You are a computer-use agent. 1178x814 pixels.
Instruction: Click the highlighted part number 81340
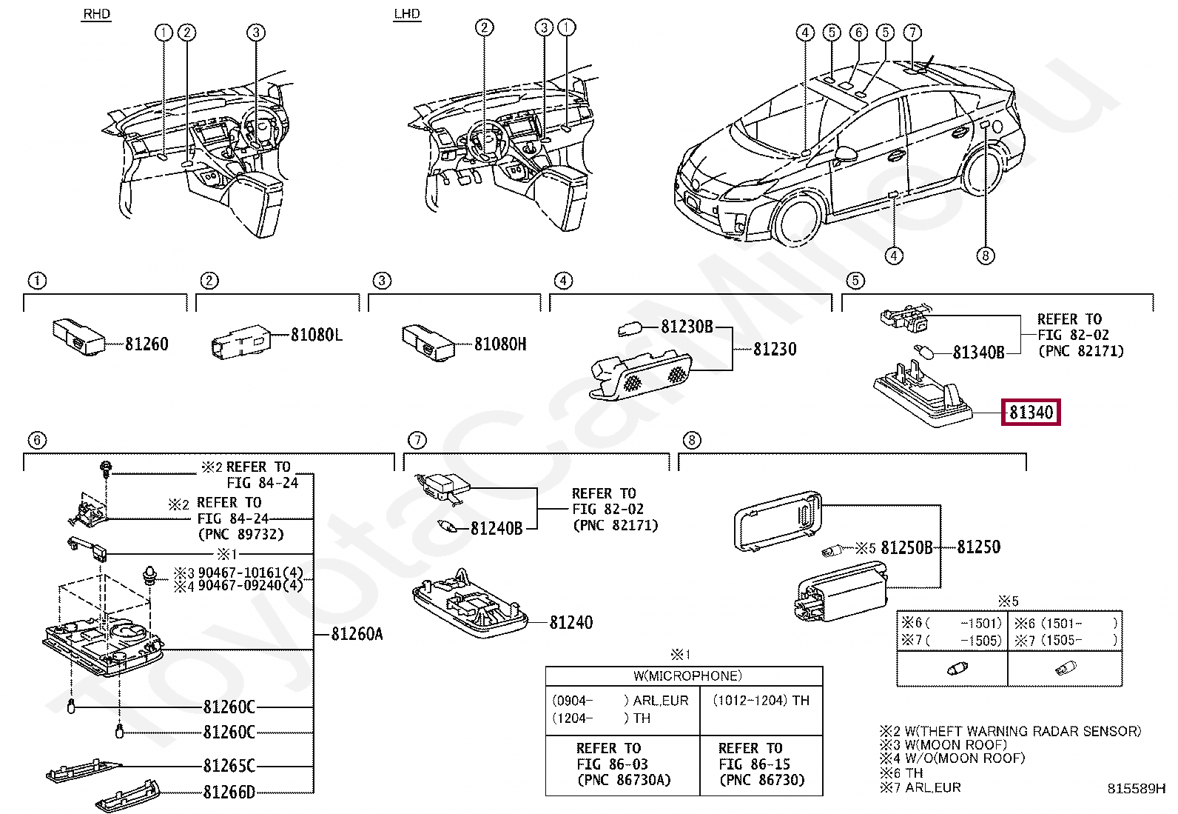pos(1031,413)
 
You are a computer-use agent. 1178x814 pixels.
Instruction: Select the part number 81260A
pos(357,634)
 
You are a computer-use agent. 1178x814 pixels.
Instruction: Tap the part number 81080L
pos(317,334)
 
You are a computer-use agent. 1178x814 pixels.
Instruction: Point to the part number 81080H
pos(500,344)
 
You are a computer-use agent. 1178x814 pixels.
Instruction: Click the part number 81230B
pos(687,327)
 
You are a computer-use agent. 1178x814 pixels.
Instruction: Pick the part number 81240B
pos(497,528)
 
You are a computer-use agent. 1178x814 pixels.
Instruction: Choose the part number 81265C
pos(229,766)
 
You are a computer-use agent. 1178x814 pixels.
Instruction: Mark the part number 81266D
pos(229,792)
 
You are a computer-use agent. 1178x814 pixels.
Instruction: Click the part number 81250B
pos(906,547)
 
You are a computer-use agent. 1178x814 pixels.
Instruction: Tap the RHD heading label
pos(97,13)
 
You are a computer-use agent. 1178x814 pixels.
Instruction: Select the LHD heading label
pos(407,13)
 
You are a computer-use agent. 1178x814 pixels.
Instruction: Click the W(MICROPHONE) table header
pos(688,675)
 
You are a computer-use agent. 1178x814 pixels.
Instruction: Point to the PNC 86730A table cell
pos(624,780)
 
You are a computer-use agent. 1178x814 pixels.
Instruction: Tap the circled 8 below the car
pos(985,256)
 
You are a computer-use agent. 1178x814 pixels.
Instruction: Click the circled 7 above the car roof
pos(912,32)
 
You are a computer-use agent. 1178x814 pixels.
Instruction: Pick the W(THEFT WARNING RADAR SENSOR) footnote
pos(1010,731)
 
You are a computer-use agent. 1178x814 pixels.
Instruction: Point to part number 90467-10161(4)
pos(250,573)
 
